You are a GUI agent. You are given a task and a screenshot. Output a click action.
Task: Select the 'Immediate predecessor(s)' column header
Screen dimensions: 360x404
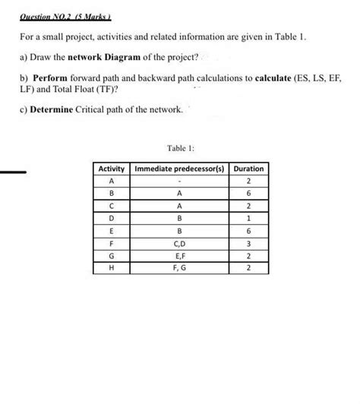pos(181,168)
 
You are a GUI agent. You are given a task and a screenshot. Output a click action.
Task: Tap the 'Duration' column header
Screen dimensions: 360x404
pos(249,168)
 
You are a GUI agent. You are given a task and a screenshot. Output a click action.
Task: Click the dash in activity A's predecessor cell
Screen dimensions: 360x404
pos(181,181)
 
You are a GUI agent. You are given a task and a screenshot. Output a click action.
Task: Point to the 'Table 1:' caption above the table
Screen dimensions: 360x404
pos(179,150)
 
